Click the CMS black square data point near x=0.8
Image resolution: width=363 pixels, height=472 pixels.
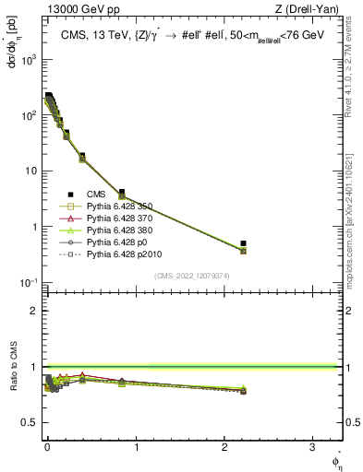(122, 193)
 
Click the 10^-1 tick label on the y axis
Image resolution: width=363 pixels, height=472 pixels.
(27, 283)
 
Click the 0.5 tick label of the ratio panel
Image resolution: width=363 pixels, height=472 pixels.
(30, 422)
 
